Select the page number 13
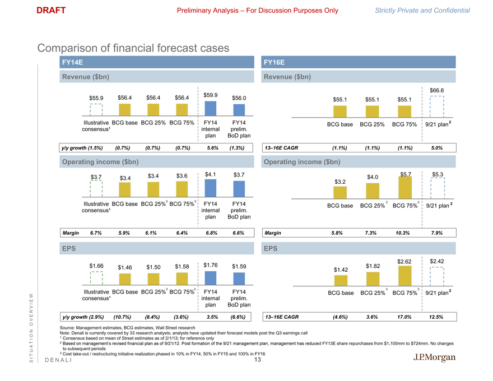[x=258, y=360]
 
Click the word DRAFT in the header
[x=51, y=10]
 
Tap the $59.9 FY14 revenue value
[x=211, y=95]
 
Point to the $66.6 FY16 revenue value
[x=437, y=91]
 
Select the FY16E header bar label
[x=274, y=63]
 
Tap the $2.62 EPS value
[x=404, y=261]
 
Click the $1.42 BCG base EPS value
[x=340, y=270]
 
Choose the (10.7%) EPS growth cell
[x=125, y=317]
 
